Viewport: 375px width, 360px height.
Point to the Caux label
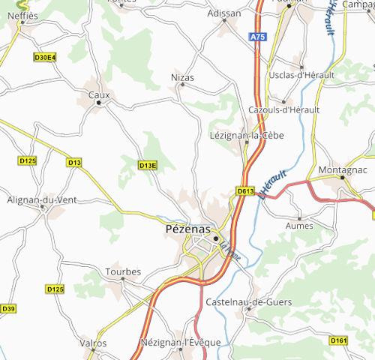99,95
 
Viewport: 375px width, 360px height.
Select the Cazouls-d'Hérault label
283,109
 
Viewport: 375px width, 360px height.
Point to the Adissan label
225,13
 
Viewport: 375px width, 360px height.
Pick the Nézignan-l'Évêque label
180,343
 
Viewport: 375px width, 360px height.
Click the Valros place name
93,343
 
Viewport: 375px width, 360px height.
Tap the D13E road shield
148,165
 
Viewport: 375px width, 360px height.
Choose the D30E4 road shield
45,56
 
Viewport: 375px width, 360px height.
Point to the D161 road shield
339,341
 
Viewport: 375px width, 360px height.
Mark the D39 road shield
7,308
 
